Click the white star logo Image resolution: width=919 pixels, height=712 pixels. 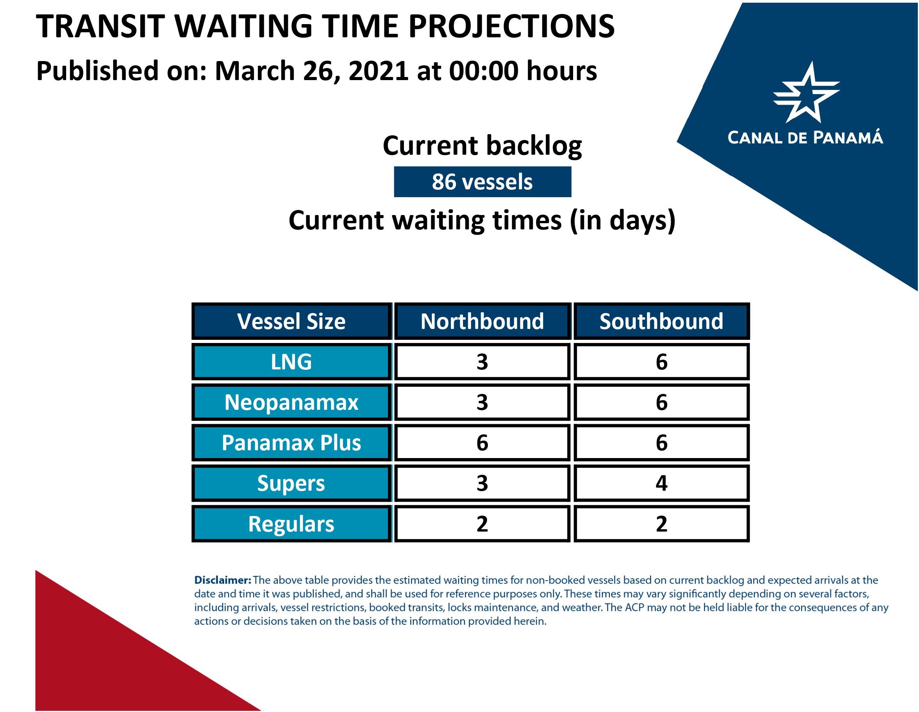pos(806,93)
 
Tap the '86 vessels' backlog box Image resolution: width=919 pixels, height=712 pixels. pos(482,182)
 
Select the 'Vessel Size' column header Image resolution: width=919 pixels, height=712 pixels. pos(291,321)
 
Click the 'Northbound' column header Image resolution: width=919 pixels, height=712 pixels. pos(482,321)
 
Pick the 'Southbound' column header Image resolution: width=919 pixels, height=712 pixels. pos(661,321)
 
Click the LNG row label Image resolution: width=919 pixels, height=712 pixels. pos(291,362)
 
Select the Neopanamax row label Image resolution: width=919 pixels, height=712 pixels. pos(291,402)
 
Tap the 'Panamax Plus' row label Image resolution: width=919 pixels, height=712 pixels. pos(291,443)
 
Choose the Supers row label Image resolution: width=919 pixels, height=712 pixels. pos(291,483)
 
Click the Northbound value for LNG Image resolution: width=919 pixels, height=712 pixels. pos(482,362)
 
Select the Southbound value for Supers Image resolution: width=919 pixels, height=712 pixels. pos(661,483)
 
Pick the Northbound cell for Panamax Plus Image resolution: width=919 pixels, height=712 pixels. pos(482,443)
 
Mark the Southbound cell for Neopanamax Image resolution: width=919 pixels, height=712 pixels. pos(661,402)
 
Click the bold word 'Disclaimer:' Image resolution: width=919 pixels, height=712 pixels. pos(223,580)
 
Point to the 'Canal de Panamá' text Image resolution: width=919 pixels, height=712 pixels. pos(805,137)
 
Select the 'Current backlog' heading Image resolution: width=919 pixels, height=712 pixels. pos(482,146)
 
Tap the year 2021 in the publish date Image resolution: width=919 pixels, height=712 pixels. pos(378,71)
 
